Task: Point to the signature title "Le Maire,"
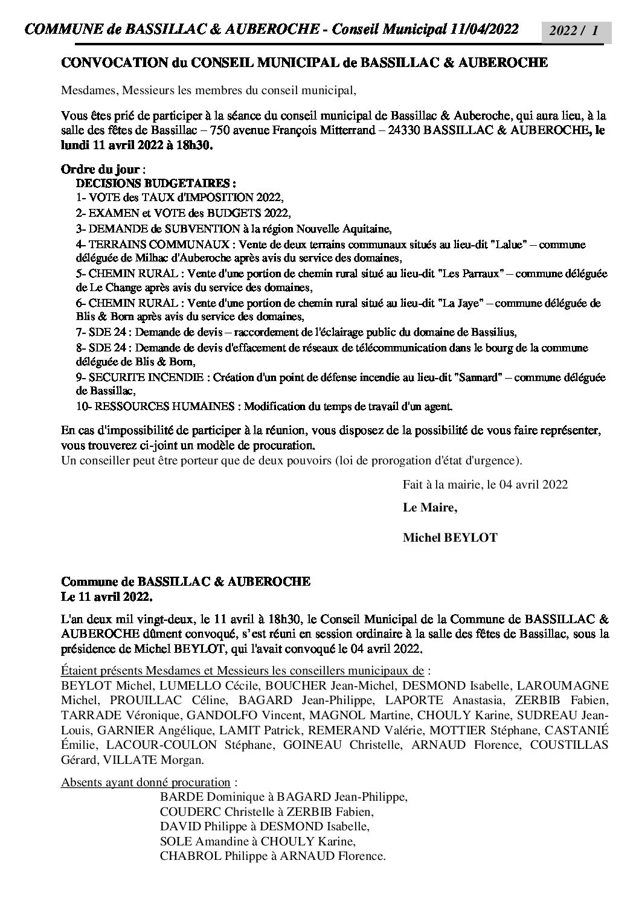click(429, 508)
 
